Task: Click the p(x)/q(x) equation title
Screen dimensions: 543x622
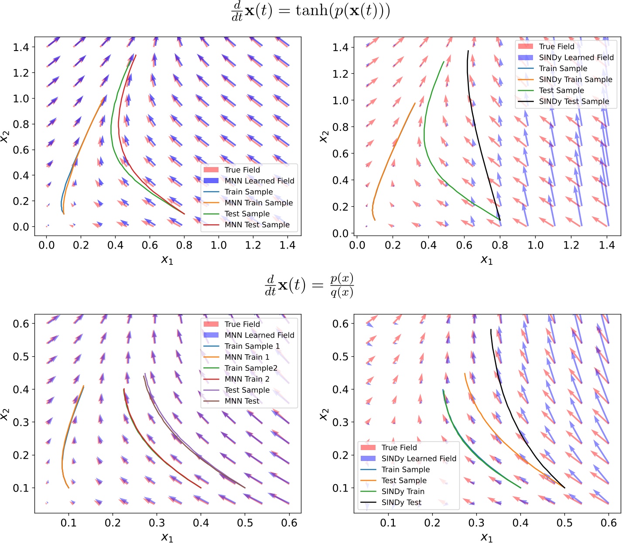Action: point(309,286)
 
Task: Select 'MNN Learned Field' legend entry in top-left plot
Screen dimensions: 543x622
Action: point(259,181)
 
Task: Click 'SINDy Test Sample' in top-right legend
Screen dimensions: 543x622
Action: point(574,102)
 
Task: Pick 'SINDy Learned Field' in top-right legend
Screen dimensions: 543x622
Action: point(576,58)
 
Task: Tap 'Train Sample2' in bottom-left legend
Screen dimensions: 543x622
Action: point(251,368)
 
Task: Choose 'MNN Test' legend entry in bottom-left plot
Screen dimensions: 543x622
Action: point(242,401)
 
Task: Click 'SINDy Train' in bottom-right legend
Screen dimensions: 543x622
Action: point(403,492)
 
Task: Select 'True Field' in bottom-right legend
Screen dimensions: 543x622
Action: point(399,447)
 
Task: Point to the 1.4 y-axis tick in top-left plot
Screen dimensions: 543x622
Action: point(21,47)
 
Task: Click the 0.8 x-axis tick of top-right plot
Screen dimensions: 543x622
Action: point(500,245)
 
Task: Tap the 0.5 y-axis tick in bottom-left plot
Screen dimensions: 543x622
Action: point(21,357)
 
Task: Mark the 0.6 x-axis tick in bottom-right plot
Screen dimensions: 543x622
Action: point(608,523)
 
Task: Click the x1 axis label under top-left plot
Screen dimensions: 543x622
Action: point(167,260)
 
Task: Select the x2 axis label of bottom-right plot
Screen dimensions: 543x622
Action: point(323,413)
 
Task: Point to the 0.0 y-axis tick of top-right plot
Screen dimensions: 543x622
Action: point(340,233)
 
